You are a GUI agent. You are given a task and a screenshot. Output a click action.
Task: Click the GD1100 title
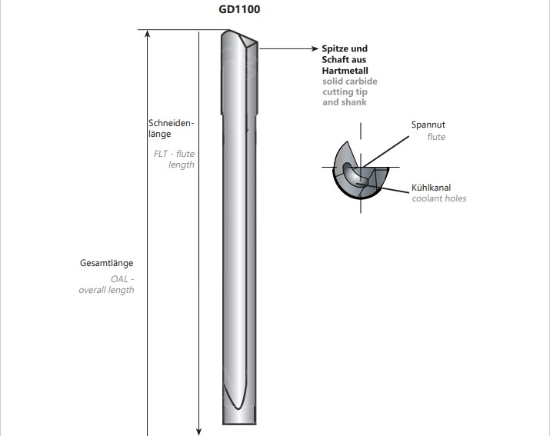[x=239, y=9]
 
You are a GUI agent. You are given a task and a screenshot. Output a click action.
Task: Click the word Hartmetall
[x=345, y=71]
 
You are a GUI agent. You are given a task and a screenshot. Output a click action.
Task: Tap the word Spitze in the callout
[x=335, y=48]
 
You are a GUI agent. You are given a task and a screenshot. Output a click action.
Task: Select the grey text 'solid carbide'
[x=350, y=82]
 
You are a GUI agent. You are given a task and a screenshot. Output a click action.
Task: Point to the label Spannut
[x=428, y=125]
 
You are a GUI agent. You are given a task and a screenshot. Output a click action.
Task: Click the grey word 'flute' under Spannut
[x=436, y=137]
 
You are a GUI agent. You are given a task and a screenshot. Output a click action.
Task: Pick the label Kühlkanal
[x=431, y=188]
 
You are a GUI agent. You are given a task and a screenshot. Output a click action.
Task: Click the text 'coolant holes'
[x=438, y=198]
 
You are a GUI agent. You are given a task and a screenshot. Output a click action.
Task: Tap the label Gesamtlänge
[x=107, y=263]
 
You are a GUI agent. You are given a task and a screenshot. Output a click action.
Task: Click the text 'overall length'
[x=106, y=290]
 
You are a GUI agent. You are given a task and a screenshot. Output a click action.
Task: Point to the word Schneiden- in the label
[x=172, y=123]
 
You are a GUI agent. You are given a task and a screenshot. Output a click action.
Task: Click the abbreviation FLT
[x=161, y=154]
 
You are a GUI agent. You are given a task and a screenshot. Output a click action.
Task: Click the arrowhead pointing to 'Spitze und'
[x=315, y=48]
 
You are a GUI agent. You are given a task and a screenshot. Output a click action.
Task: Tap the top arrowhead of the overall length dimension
[x=148, y=33]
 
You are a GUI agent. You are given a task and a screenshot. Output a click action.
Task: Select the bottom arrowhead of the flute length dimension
[x=199, y=431]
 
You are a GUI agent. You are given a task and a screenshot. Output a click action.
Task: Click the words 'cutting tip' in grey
[x=345, y=92]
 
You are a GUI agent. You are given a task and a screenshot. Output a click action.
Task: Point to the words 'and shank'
[x=345, y=102]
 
